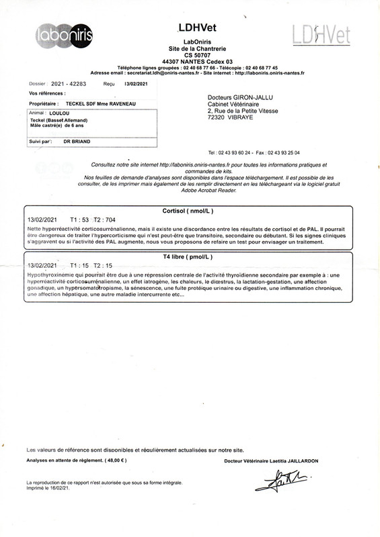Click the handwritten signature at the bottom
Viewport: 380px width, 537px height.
click(287, 479)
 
